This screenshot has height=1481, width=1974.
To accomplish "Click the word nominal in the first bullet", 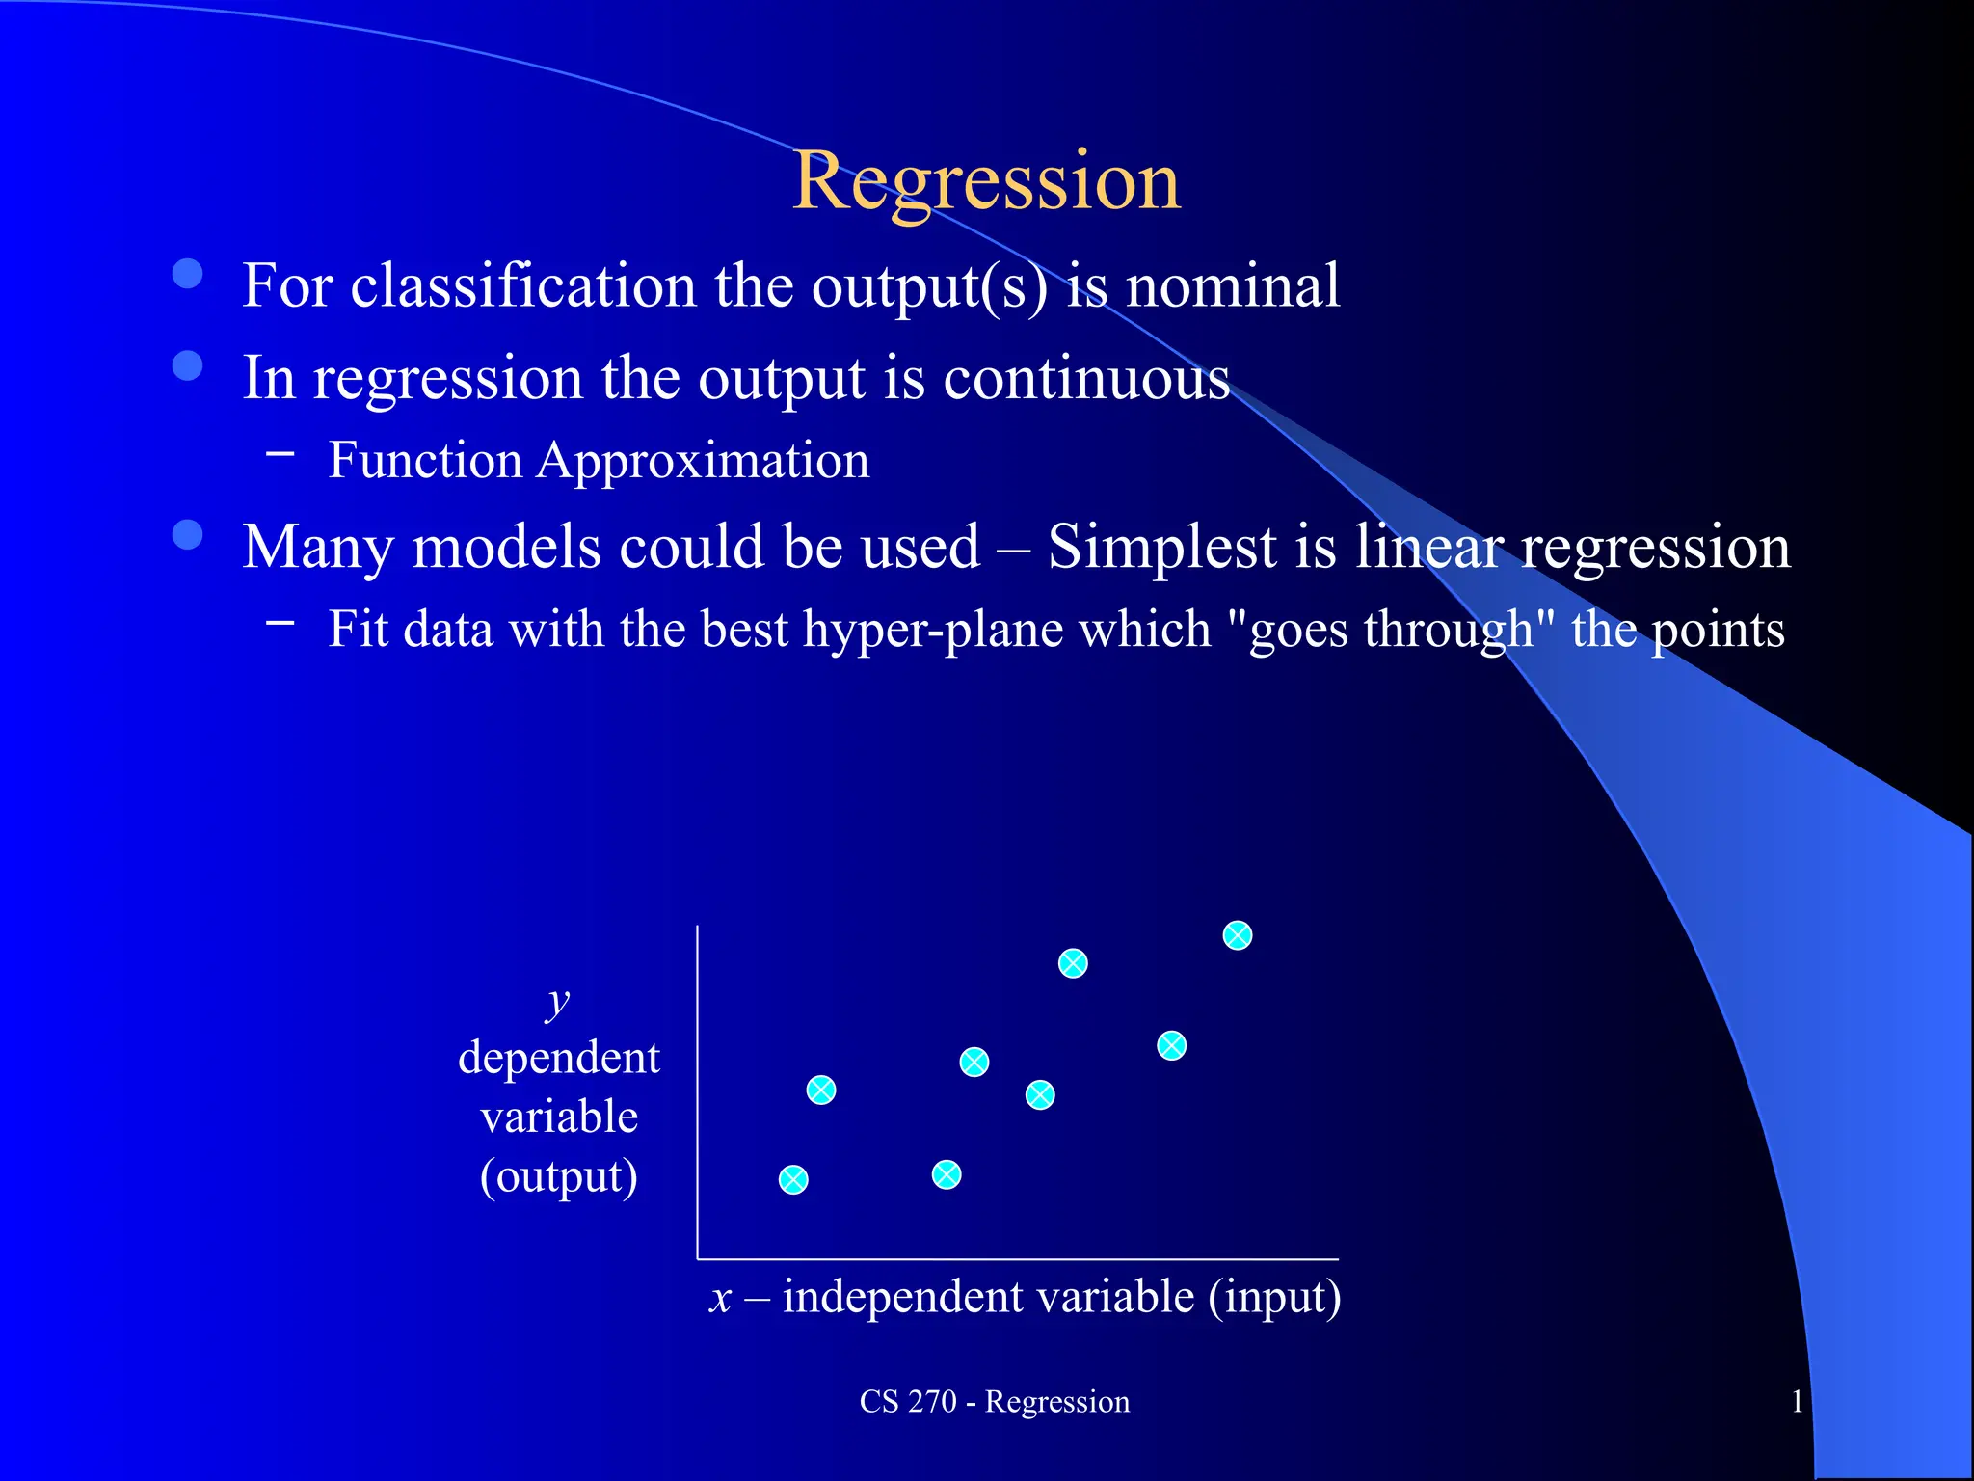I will [x=1233, y=286].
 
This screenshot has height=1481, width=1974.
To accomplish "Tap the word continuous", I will [x=1086, y=378].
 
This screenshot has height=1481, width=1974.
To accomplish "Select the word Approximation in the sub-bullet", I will [x=703, y=461].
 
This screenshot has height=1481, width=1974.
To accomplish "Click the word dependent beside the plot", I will [x=559, y=1058].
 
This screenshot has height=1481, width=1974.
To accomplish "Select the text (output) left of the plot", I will [x=559, y=1177].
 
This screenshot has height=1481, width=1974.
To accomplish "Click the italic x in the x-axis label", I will [x=720, y=1298].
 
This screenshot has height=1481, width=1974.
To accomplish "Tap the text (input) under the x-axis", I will [x=1274, y=1298].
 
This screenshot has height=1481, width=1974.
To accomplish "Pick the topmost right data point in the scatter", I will [x=1238, y=935].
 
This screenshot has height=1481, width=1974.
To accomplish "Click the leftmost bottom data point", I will [x=793, y=1180].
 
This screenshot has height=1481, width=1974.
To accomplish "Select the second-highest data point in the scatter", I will [x=1073, y=963].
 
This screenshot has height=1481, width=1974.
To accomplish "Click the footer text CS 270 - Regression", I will [x=994, y=1402].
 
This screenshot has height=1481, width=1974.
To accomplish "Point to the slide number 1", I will [x=1797, y=1402].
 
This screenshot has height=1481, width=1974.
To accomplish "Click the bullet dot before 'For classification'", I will [x=188, y=274].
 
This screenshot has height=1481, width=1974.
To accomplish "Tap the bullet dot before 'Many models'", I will [x=188, y=534].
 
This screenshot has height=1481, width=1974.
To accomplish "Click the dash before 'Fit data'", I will [x=280, y=623].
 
